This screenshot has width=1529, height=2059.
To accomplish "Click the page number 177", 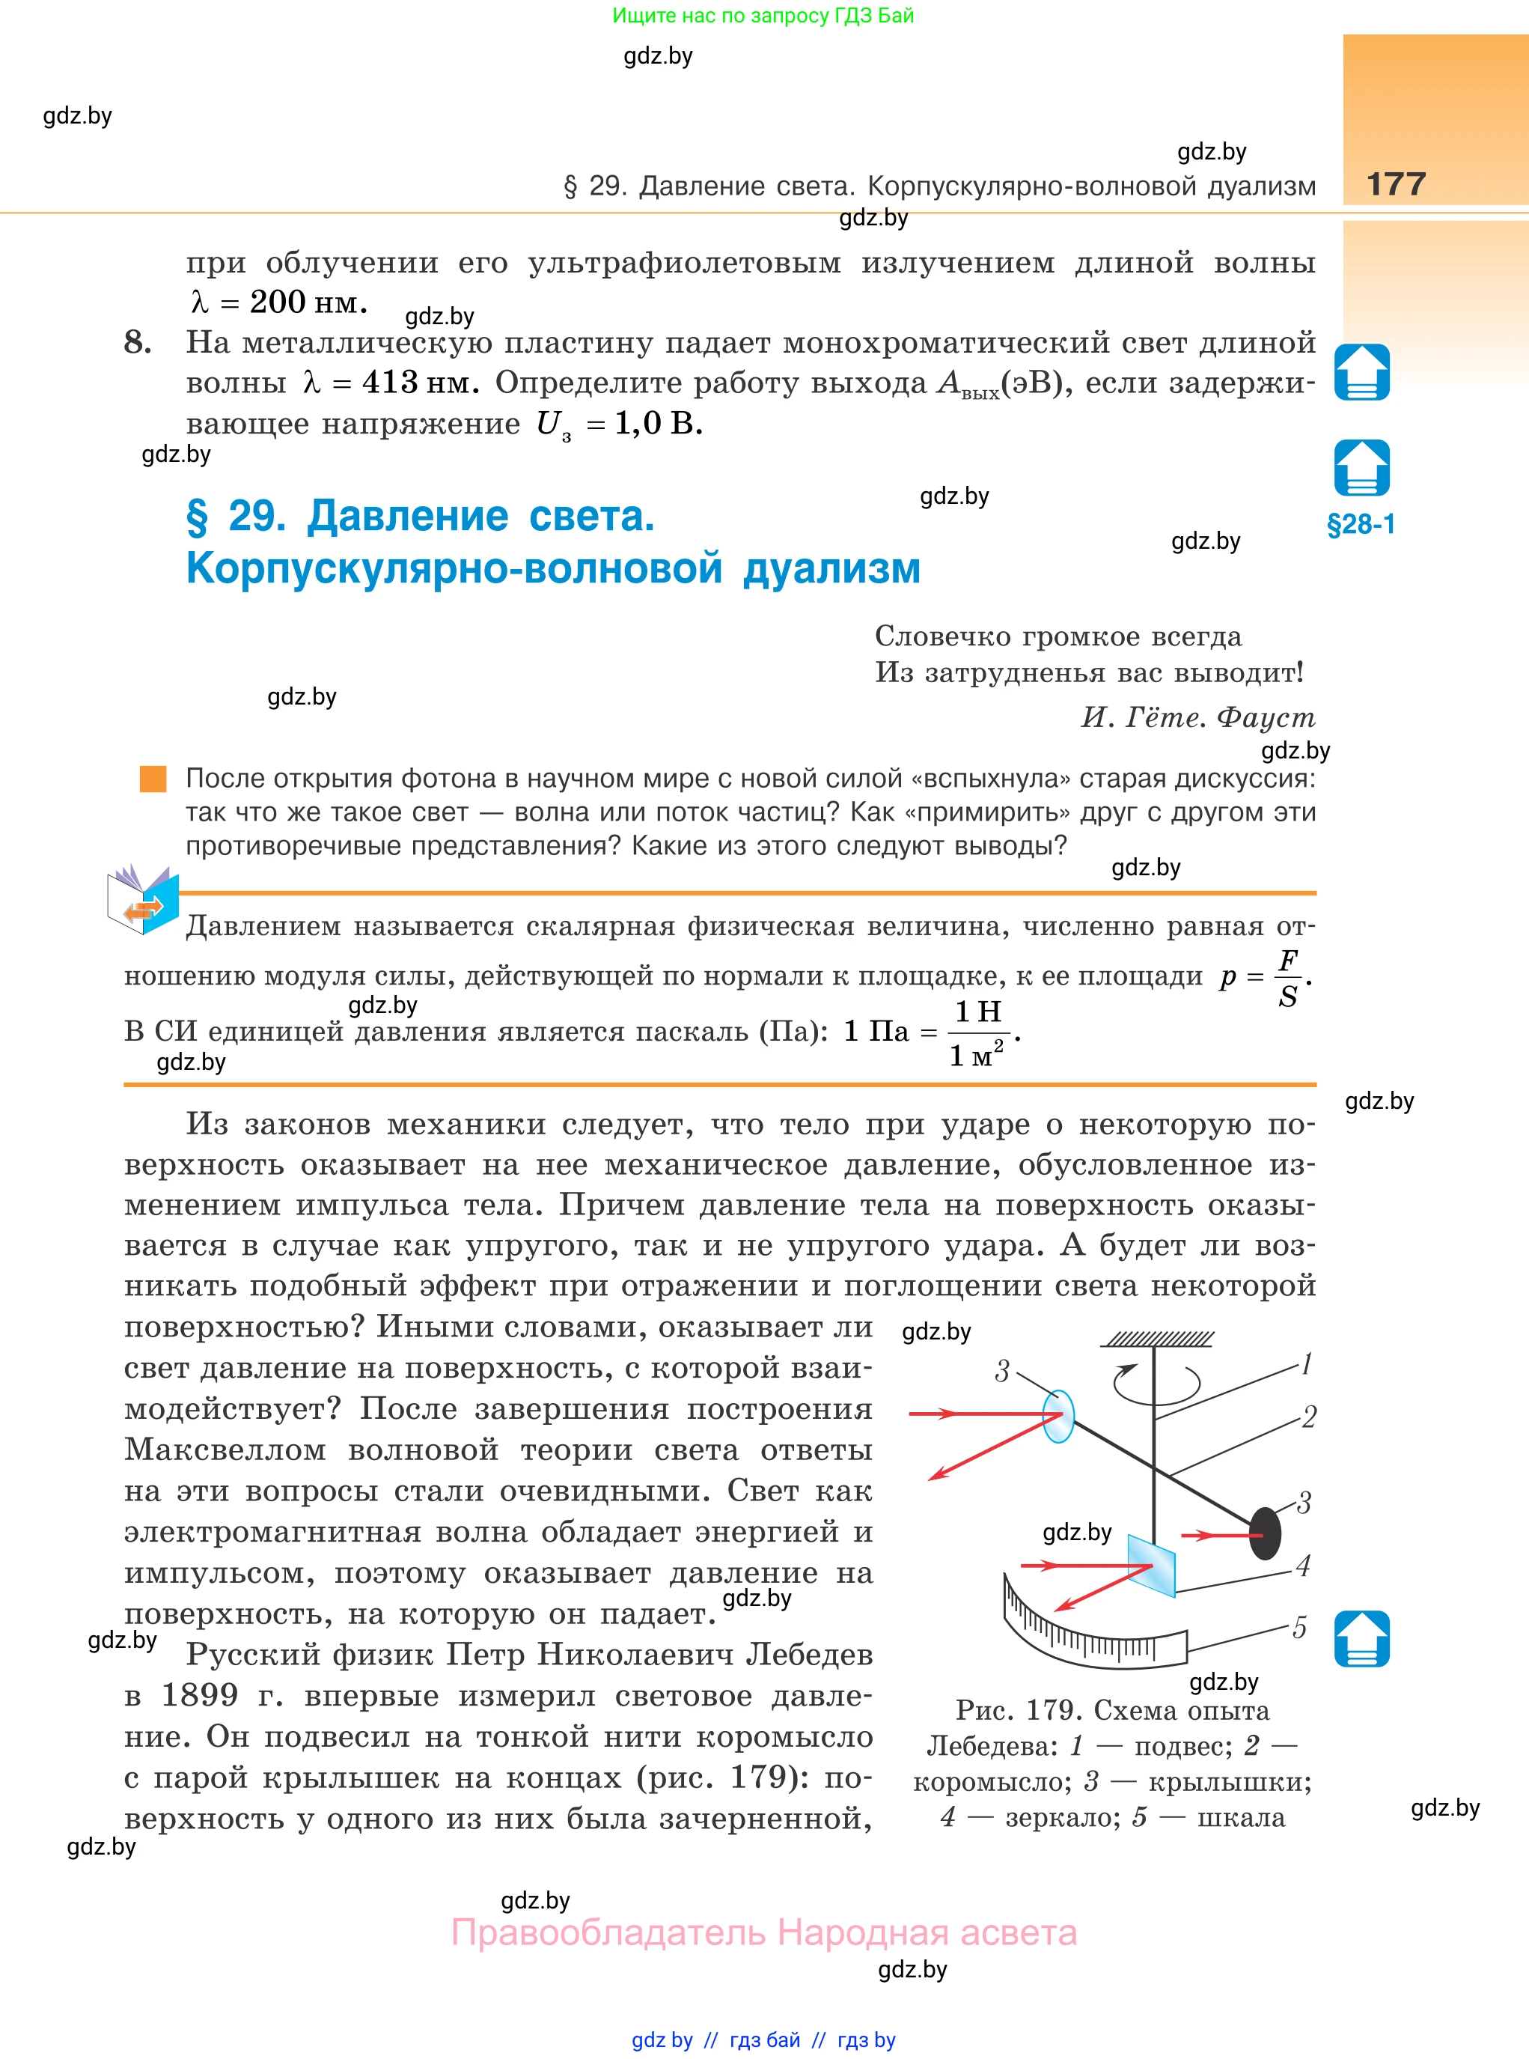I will coord(1396,183).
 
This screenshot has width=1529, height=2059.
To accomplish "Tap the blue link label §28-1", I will coord(1361,525).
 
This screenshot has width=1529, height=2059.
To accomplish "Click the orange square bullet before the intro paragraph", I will coord(153,779).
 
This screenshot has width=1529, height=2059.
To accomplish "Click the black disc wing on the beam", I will coord(1266,1533).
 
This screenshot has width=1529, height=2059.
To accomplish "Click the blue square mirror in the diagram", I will coord(1151,1566).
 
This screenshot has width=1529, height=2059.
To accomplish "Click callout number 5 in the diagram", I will coord(1299,1628).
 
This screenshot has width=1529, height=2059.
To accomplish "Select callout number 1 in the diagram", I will coord(1306,1363).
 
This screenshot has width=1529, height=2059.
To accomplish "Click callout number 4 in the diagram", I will coord(1303,1566).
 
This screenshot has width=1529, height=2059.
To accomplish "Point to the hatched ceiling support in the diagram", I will coord(1157,1339).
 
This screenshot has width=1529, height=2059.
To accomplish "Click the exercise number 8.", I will coord(138,343).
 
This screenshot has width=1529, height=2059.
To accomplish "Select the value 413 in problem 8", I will coord(390,383).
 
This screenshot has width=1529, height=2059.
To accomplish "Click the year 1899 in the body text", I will coord(200,1695).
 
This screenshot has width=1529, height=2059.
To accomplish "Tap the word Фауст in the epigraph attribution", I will coord(1266,717).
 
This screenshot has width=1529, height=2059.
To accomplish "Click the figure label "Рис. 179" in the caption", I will coord(1016,1710).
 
